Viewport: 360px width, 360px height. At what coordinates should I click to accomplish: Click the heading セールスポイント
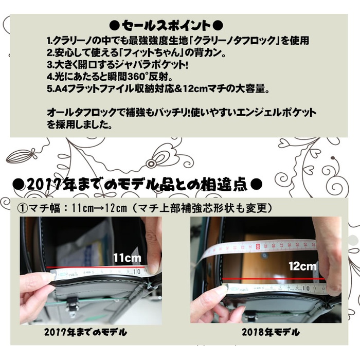pyautogui.click(x=166, y=26)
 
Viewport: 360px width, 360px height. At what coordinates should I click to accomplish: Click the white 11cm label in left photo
pyautogui.click(x=127, y=258)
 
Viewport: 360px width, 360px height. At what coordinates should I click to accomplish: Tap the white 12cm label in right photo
pyautogui.click(x=302, y=266)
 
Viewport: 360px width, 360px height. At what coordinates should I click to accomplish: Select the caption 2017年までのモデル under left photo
pyautogui.click(x=86, y=332)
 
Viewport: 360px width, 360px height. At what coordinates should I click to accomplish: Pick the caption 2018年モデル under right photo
pyautogui.click(x=271, y=332)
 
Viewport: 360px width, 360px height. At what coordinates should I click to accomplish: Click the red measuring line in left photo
pyautogui.click(x=96, y=267)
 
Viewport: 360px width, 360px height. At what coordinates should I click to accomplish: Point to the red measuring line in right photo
pyautogui.click(x=274, y=279)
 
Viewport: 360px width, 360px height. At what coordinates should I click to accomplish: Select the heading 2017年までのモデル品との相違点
pyautogui.click(x=137, y=184)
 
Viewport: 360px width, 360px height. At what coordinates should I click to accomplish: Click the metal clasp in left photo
pyautogui.click(x=73, y=304)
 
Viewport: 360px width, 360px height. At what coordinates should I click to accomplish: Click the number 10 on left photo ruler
pyautogui.click(x=137, y=272)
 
